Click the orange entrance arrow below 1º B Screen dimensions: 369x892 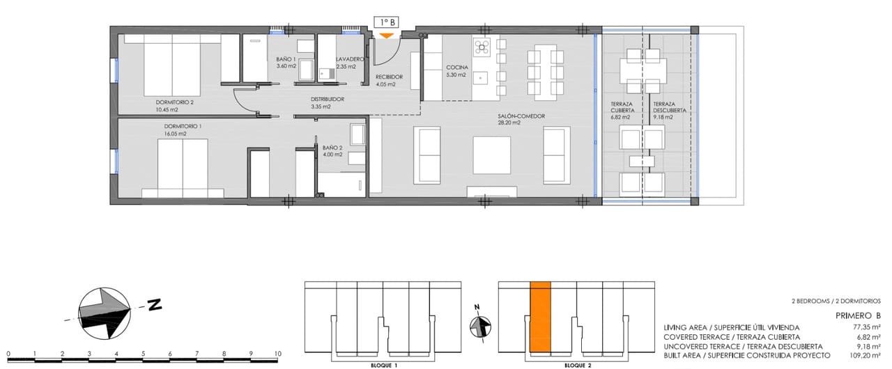point(385,35)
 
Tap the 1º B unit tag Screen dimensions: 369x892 point(386,22)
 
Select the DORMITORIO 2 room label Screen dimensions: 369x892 point(174,102)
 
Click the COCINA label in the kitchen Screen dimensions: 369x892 point(457,68)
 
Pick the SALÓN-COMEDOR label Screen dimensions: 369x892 point(521,116)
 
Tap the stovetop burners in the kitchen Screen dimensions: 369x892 point(482,47)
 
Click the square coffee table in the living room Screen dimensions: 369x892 point(492,155)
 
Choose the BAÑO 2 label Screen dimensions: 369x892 point(332,148)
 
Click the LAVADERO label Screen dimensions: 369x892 point(350,60)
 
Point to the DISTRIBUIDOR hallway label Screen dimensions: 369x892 point(328,100)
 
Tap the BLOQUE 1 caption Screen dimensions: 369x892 point(384,365)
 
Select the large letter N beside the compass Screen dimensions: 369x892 point(154,304)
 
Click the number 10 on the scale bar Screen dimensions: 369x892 point(277,354)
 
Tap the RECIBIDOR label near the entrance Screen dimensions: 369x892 point(389,77)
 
